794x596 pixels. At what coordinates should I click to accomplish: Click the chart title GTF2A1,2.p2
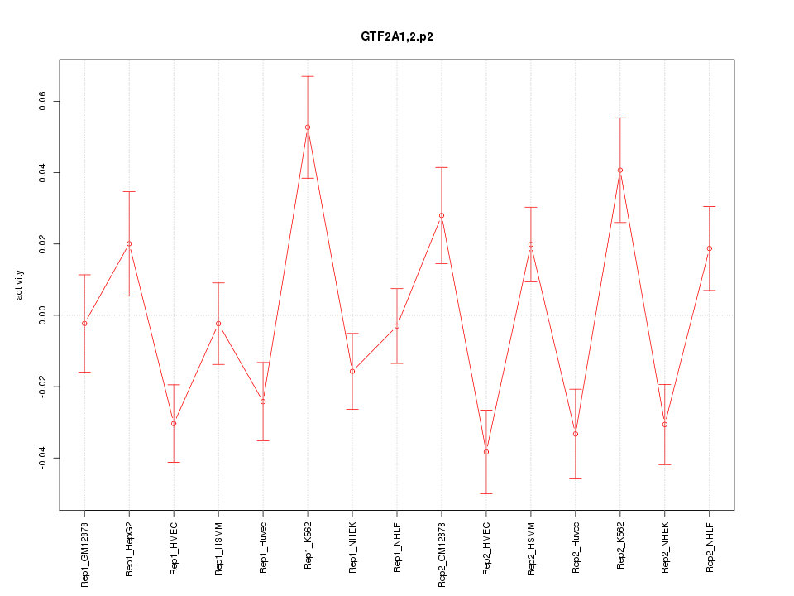tap(397, 37)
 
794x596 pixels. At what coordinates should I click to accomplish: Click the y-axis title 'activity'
tap(20, 285)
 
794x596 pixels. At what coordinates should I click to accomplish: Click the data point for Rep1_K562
tap(308, 127)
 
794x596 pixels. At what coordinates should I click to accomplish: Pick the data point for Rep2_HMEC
tap(486, 452)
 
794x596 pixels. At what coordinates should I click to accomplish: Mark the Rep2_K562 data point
tap(620, 171)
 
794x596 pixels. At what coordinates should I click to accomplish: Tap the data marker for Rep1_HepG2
tap(129, 244)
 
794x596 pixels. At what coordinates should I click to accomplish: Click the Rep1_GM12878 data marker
tap(84, 324)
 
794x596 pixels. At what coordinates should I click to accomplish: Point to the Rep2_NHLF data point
tap(710, 248)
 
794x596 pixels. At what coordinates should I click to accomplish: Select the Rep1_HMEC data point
tap(174, 424)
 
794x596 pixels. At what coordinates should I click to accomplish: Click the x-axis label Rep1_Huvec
tap(263, 548)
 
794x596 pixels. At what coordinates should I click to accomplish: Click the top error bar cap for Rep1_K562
tap(308, 76)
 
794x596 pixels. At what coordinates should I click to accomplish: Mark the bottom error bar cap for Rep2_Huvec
tap(576, 479)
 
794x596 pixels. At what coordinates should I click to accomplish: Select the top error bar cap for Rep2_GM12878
tap(442, 168)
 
